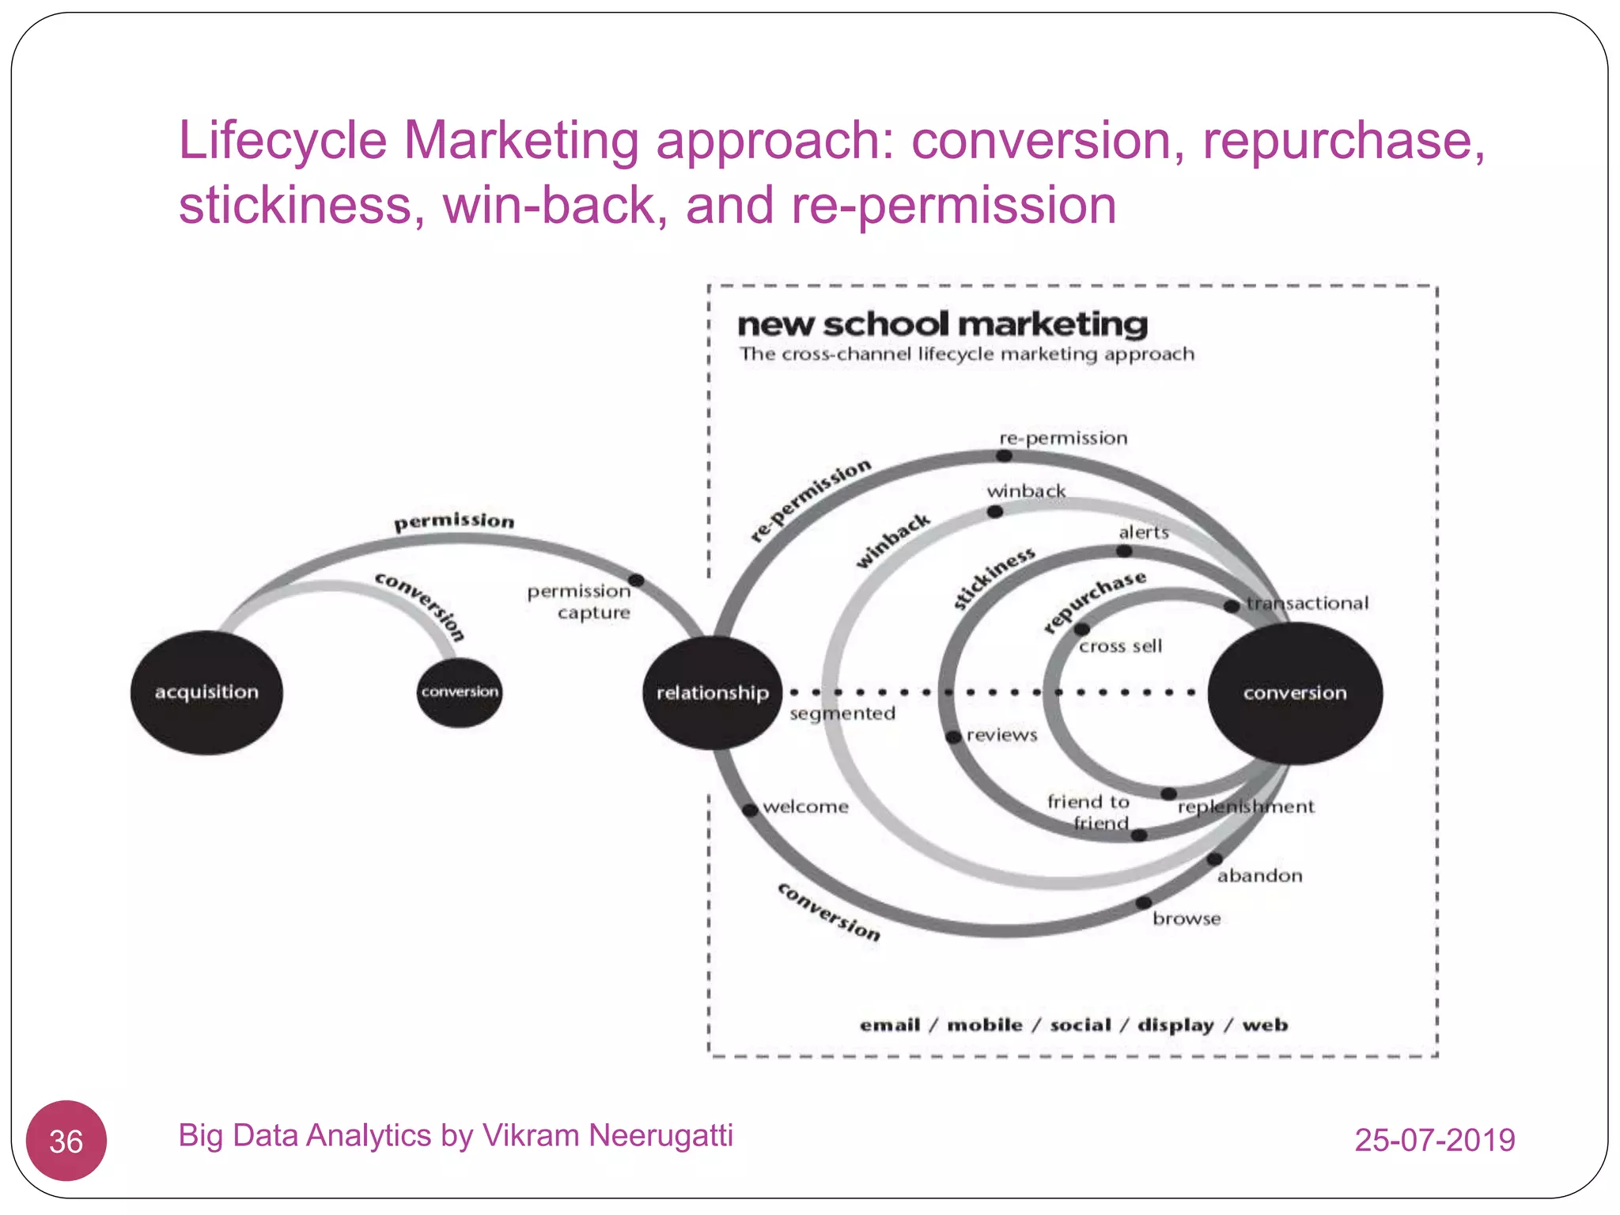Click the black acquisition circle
(206, 692)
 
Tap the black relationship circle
(712, 693)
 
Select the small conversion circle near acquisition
(460, 692)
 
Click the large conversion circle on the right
(1295, 693)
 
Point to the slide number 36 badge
(66, 1141)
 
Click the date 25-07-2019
(1434, 1140)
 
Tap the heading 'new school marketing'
(942, 324)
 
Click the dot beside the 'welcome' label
(750, 809)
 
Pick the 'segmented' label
(842, 713)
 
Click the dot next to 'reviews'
(954, 737)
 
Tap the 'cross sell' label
(1120, 646)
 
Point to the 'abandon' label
(1259, 876)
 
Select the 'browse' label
(1187, 918)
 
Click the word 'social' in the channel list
(1081, 1024)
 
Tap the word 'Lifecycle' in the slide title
(282, 141)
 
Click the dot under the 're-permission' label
(1004, 456)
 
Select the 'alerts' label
(1144, 532)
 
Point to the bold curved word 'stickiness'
(994, 577)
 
